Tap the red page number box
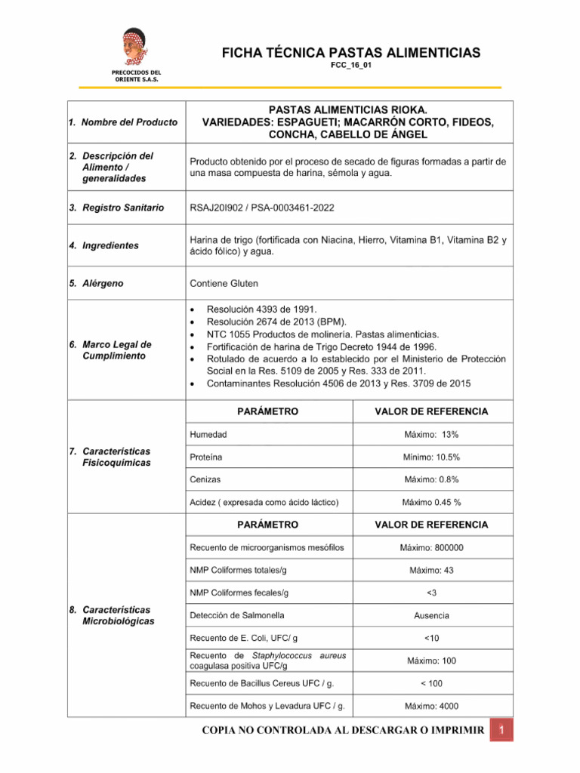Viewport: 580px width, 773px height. pos(501,731)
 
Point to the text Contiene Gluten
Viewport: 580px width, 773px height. pos(224,284)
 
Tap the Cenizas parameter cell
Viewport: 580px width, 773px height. pos(205,479)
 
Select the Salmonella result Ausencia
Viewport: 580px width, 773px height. pos(431,616)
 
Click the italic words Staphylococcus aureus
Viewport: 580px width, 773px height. pos(295,656)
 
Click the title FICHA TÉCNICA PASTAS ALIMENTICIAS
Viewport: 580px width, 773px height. pos(350,52)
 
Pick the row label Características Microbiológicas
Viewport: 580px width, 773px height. pos(118,615)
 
